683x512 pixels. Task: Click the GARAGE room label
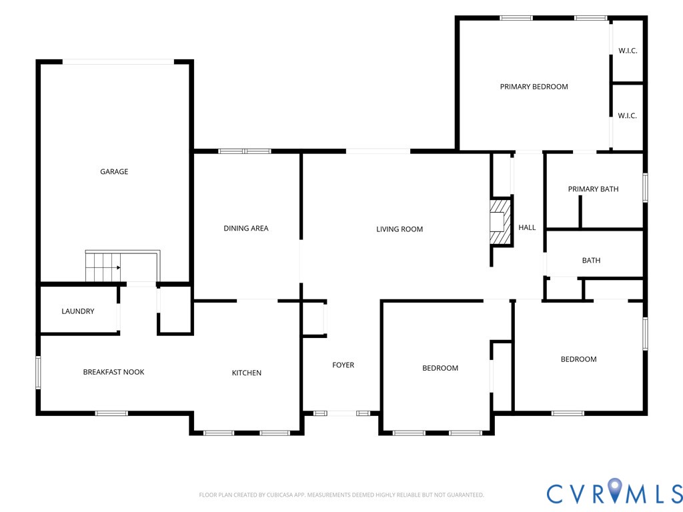(x=114, y=171)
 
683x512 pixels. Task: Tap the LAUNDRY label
(x=78, y=311)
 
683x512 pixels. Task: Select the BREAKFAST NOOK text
(x=113, y=372)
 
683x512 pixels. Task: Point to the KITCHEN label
(x=247, y=373)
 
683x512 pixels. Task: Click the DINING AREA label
(x=246, y=228)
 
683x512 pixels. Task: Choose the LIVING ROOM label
(x=400, y=229)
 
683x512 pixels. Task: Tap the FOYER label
(x=344, y=365)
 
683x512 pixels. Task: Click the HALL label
(x=527, y=227)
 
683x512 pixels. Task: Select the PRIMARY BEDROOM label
(x=534, y=87)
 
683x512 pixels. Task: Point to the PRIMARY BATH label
(x=593, y=189)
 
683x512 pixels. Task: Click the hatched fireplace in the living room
(x=500, y=221)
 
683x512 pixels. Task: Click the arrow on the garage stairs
(x=116, y=267)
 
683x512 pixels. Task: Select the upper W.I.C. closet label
(x=628, y=51)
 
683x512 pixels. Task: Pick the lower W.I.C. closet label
(x=627, y=115)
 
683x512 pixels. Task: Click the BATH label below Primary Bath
(x=591, y=261)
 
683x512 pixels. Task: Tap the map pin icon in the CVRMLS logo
(x=614, y=490)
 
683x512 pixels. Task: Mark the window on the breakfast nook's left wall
(x=38, y=372)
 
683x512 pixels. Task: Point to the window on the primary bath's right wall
(x=645, y=187)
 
